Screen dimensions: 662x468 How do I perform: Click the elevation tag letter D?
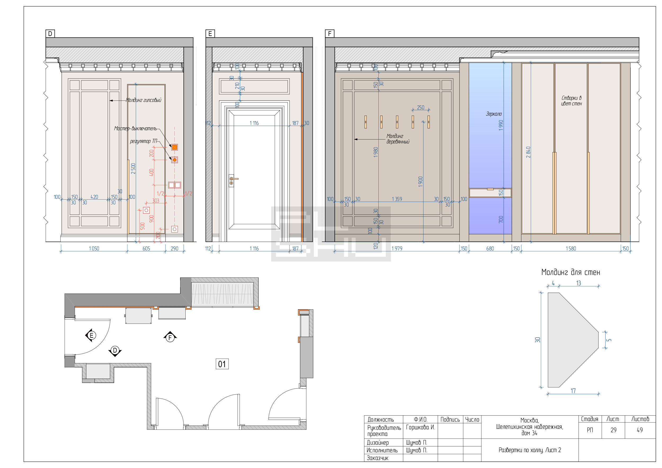50,34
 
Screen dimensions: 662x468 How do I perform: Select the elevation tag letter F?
330,34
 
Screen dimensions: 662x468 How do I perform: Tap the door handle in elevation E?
234,179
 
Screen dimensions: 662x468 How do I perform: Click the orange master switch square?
175,147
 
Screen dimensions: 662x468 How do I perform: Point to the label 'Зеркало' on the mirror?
494,114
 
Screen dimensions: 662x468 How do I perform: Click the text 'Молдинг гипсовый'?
144,100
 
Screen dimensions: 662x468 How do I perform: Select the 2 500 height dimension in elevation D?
133,169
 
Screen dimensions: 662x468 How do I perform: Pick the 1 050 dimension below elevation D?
94,248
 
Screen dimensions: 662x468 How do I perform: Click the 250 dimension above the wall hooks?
421,107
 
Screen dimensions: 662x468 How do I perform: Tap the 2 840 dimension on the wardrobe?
528,152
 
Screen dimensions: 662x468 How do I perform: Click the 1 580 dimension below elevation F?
571,248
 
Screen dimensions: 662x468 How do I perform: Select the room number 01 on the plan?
222,364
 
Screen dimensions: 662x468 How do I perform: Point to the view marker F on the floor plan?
170,337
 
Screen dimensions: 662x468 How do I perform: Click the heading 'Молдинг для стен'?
571,272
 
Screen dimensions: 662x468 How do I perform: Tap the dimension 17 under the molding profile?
573,391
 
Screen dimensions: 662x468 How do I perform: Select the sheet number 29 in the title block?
613,430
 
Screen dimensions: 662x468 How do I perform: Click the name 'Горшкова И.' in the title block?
421,427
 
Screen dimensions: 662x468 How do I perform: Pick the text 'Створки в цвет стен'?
571,101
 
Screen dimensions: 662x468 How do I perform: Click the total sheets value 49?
640,430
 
